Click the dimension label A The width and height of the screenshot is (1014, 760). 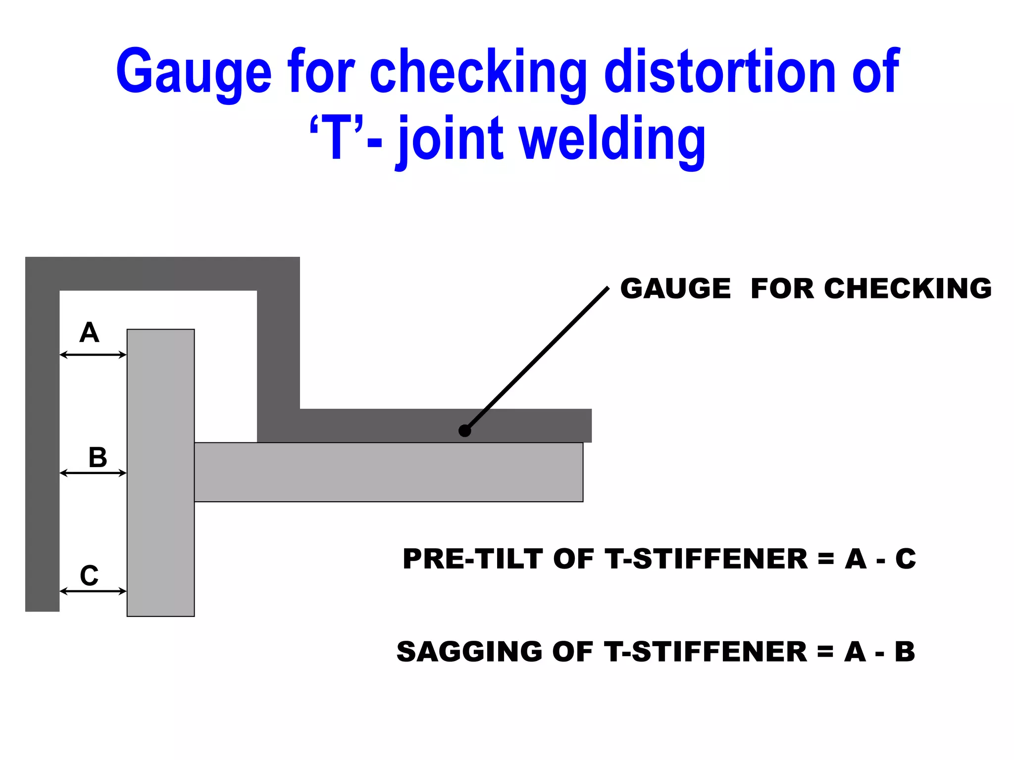pyautogui.click(x=89, y=332)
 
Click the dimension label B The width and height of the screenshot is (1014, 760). pyautogui.click(x=98, y=457)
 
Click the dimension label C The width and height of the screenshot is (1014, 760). pyautogui.click(x=89, y=575)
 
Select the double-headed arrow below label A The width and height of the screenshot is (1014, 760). pyautogui.click(x=93, y=355)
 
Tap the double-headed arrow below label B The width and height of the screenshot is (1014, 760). pyautogui.click(x=93, y=473)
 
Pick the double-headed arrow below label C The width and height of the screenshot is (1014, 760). pyautogui.click(x=93, y=591)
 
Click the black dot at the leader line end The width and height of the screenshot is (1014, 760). pyautogui.click(x=464, y=431)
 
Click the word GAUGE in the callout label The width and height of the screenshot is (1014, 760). pyautogui.click(x=675, y=288)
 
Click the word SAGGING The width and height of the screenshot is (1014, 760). pyautogui.click(x=469, y=652)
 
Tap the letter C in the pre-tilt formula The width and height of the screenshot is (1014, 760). pyautogui.click(x=906, y=559)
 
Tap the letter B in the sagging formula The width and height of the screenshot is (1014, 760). pyautogui.click(x=905, y=652)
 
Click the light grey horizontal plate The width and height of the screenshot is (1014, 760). pyautogui.click(x=388, y=472)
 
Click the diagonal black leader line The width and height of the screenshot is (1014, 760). pyautogui.click(x=537, y=359)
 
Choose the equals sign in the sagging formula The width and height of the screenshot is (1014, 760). pyautogui.click(x=825, y=652)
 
